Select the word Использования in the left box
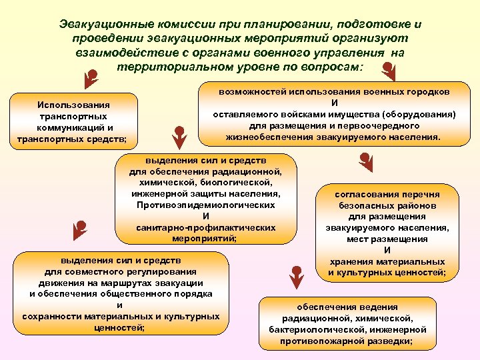tap(74, 105)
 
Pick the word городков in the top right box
tap(428, 91)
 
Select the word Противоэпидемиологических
tap(205, 205)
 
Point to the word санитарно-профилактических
tap(205, 227)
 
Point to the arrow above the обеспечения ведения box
tap(294, 274)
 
